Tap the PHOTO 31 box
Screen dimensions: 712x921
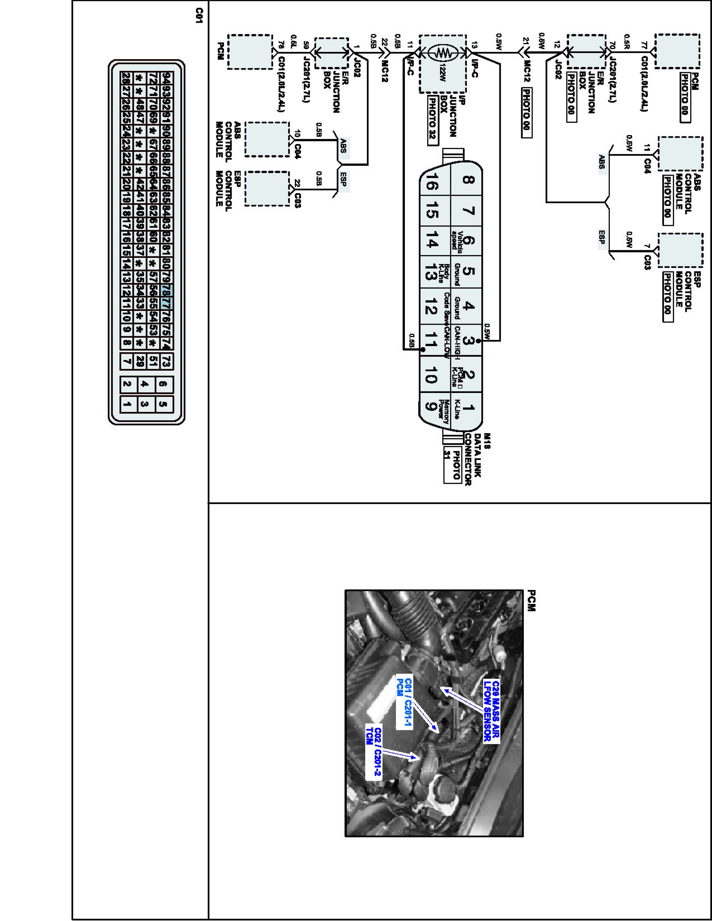452,464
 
